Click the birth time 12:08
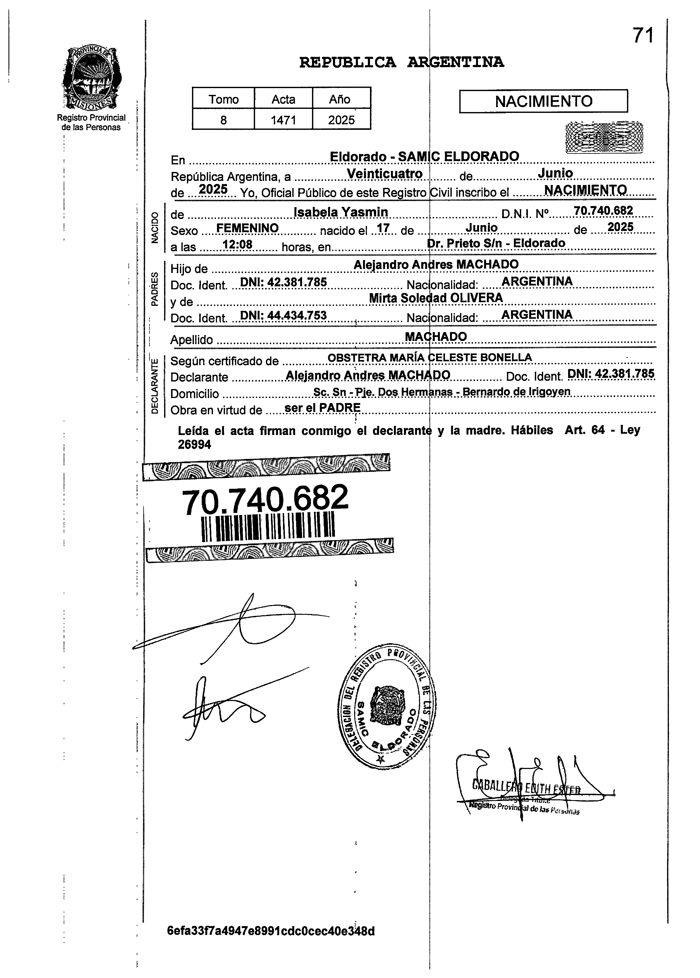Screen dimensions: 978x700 237,245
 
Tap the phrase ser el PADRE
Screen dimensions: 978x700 322,407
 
